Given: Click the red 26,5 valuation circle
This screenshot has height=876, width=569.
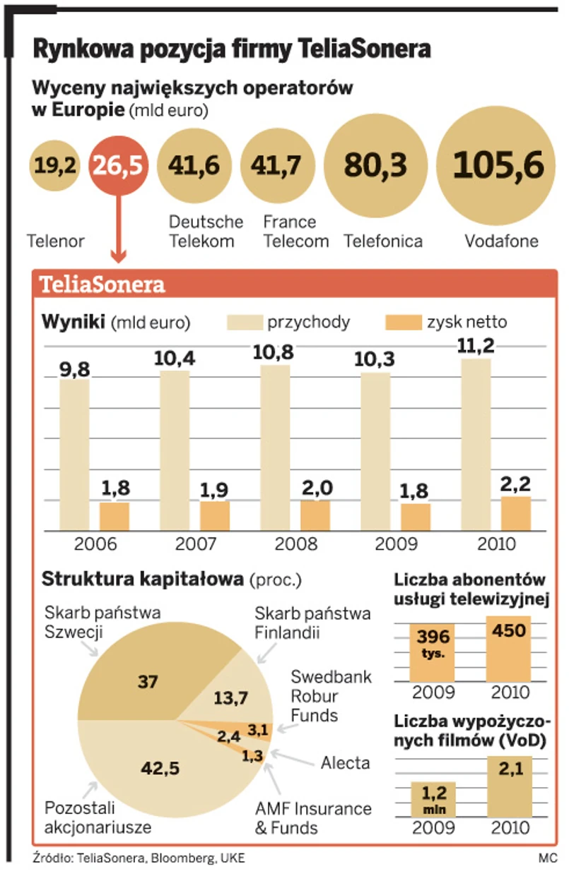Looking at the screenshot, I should (119, 166).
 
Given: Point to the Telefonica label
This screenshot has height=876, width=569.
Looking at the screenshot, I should (383, 241).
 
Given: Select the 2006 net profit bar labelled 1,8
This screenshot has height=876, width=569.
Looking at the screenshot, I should (114, 516).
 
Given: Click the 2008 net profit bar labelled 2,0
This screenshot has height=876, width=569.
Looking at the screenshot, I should (315, 515).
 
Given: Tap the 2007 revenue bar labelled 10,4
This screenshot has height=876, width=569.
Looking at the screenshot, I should (175, 450).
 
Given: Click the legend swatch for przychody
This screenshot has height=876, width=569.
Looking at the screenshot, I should (244, 323).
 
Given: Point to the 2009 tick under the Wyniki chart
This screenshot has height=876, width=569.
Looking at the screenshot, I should (396, 544).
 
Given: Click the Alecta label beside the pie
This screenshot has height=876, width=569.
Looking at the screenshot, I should (345, 763).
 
